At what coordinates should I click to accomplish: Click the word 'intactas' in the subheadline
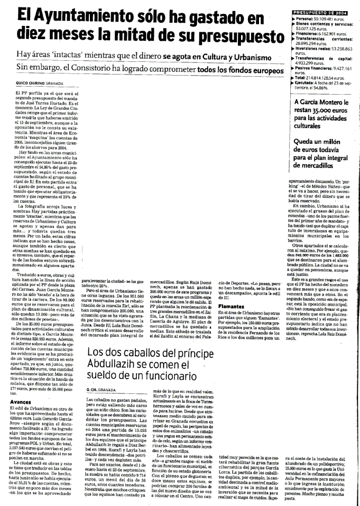pyautogui.click(x=76, y=54)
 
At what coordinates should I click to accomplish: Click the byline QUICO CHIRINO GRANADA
pyautogui.click(x=40, y=84)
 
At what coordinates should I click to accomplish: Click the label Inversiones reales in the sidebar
pyautogui.click(x=318, y=48)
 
